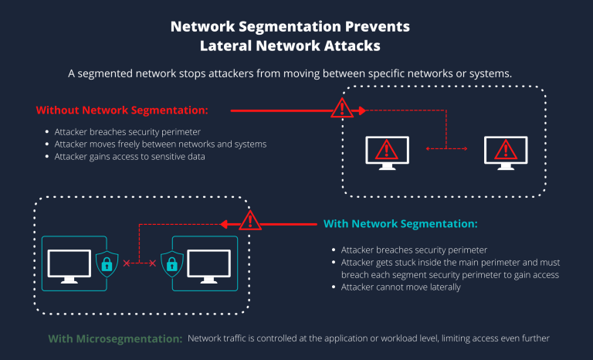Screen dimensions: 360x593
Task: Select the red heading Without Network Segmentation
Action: click(122, 110)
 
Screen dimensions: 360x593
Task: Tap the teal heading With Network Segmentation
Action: click(401, 224)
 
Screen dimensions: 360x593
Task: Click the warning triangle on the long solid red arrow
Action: click(341, 110)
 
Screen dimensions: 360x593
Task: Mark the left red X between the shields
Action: click(126, 264)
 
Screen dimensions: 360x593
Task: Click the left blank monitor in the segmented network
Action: click(69, 264)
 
